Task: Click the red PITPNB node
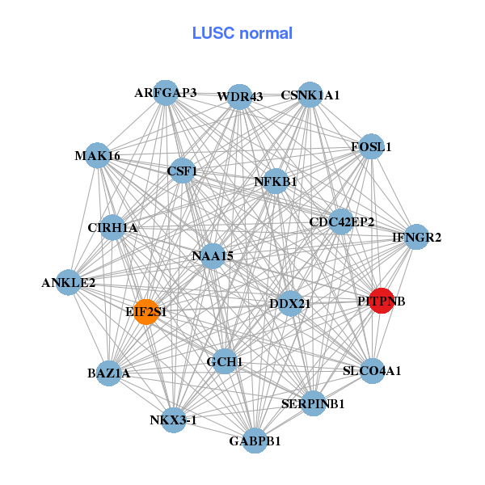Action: pos(381,301)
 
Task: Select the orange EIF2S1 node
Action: pos(145,311)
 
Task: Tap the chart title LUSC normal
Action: pos(242,33)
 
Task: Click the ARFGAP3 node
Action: pos(165,93)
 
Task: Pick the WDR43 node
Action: pos(239,97)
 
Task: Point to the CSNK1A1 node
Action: pos(310,95)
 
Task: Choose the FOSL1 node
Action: pos(370,147)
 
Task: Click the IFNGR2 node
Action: pos(416,238)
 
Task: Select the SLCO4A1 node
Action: pos(372,371)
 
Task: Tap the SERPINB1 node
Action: pos(314,403)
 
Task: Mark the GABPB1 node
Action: pos(255,441)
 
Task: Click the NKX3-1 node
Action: pos(174,420)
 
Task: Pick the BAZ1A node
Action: pos(109,373)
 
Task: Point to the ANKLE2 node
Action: pos(69,283)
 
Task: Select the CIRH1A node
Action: pos(112,228)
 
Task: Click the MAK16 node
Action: pos(97,155)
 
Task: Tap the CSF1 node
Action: pos(183,171)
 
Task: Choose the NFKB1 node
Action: pos(276,181)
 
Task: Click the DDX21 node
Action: pos(289,304)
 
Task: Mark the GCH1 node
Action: pos(225,361)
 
